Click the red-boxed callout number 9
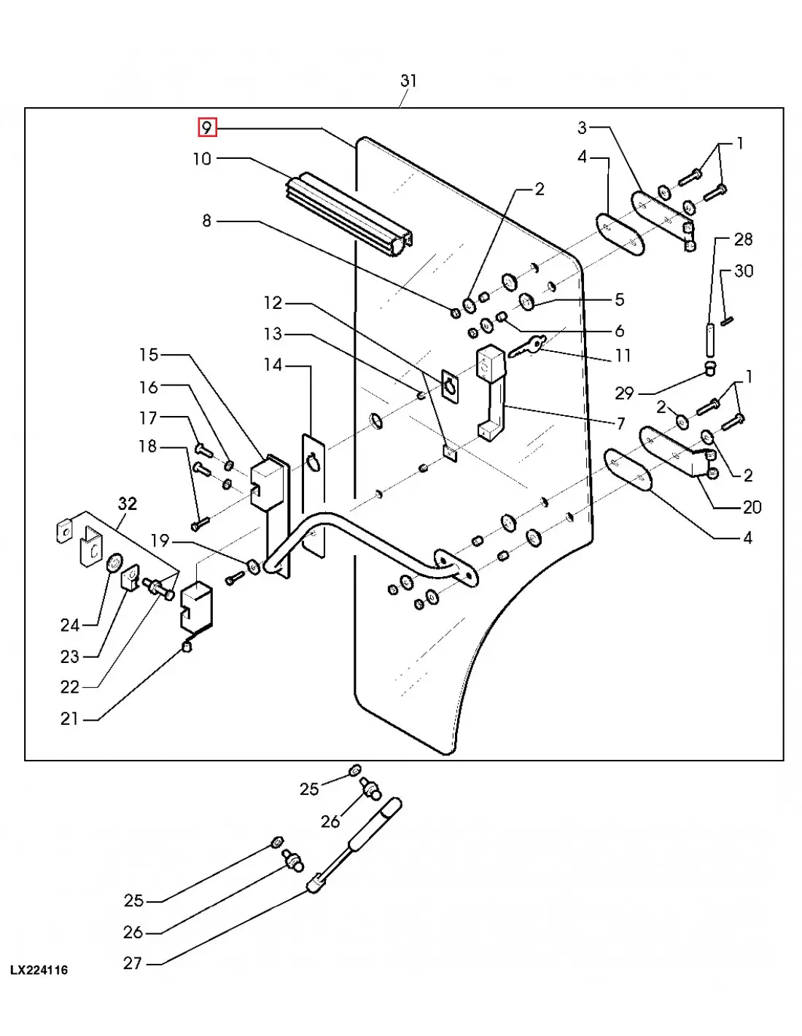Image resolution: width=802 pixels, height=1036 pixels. coord(208,128)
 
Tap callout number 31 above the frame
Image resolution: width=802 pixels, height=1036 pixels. coord(408,81)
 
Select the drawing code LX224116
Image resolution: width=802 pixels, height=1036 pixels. coord(39,970)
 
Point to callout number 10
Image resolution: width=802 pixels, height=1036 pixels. coord(202,159)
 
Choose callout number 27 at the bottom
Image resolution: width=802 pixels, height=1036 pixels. coord(132,963)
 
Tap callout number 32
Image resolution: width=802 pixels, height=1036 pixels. coord(128,503)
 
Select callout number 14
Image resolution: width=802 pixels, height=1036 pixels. coord(273,364)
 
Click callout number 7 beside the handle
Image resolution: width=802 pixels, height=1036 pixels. coord(620,423)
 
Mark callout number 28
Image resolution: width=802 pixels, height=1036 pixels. coord(743,239)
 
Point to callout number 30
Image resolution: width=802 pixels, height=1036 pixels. coord(744,271)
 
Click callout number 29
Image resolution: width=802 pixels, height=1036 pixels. coord(624,393)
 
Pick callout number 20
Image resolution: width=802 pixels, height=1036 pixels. coord(752,507)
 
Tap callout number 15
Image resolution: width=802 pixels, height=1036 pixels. coord(149,355)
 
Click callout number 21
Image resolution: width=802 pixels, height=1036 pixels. coord(69,718)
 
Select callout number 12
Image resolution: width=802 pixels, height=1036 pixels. coord(273,302)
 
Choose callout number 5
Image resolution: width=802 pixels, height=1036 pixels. coord(620,299)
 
